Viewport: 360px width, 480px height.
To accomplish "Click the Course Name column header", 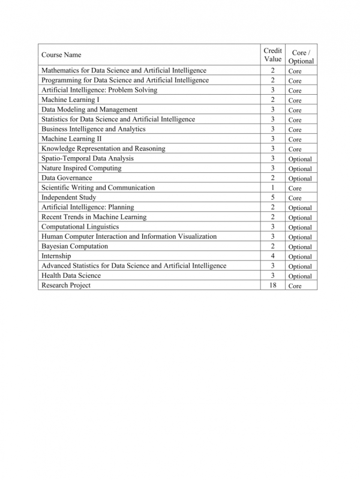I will [x=61, y=55].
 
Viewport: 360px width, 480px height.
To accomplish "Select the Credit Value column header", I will [x=272, y=55].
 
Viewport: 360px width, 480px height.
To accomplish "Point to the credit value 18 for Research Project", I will [x=272, y=286].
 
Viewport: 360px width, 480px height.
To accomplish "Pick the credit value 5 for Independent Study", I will [x=272, y=197].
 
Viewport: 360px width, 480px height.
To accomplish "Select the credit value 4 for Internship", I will [x=272, y=256].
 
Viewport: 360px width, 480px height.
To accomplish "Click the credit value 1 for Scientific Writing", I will [x=272, y=188].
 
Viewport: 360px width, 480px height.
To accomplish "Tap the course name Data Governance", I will [x=67, y=178].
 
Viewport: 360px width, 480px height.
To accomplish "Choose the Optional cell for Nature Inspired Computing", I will [x=299, y=169].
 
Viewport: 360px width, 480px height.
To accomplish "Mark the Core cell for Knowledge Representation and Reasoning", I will [x=295, y=149].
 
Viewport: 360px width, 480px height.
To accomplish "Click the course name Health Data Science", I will [x=71, y=276].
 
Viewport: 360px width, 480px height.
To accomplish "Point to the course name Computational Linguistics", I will [x=80, y=227].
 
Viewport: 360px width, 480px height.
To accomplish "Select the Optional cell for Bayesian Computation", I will [x=299, y=247].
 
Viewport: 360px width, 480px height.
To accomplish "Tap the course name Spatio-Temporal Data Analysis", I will [x=88, y=158].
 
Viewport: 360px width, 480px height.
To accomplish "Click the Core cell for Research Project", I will [x=295, y=286].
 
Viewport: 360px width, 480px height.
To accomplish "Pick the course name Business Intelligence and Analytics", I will [x=93, y=129].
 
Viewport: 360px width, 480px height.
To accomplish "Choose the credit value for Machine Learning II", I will [x=272, y=139].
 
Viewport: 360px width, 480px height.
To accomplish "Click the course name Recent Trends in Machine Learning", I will [x=94, y=217].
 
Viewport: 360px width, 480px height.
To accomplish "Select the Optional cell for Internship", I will [x=299, y=257].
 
